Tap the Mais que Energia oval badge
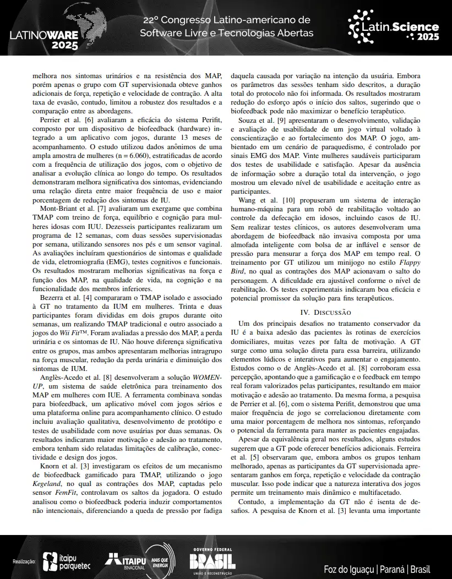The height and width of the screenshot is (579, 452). pyautogui.click(x=160, y=561)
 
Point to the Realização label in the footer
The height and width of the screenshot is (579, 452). pyautogui.click(x=24, y=562)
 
